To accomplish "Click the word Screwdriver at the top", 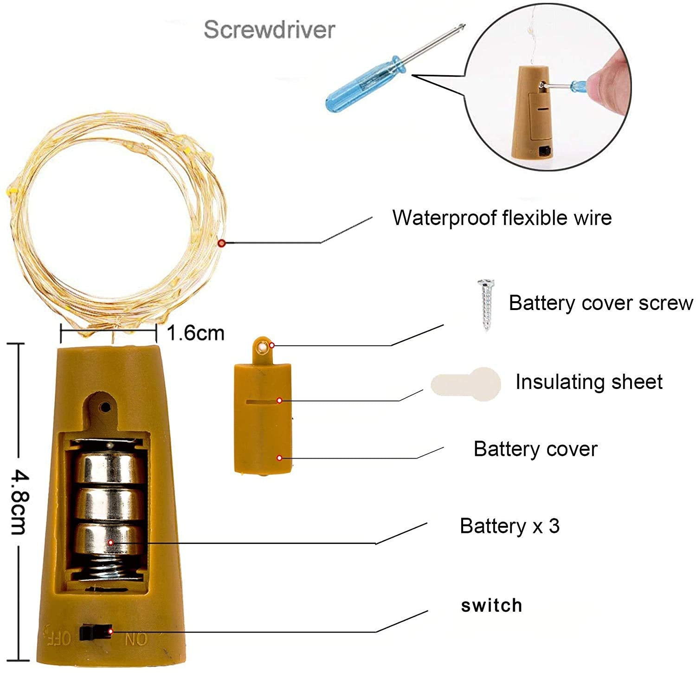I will coord(269,30).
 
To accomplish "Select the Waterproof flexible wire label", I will coord(502,218).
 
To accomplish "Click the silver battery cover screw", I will coord(486,304).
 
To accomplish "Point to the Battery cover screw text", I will coord(600,303).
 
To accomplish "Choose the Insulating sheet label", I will coord(588,382).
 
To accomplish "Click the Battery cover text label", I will coord(535,449).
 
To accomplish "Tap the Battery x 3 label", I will coord(509,526).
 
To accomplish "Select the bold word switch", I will coord(491,605).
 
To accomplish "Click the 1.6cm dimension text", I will coord(195,333).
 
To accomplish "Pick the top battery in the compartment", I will coord(110,466).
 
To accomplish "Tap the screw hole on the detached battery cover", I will coord(264,347).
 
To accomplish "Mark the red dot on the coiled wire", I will coord(222,243).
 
